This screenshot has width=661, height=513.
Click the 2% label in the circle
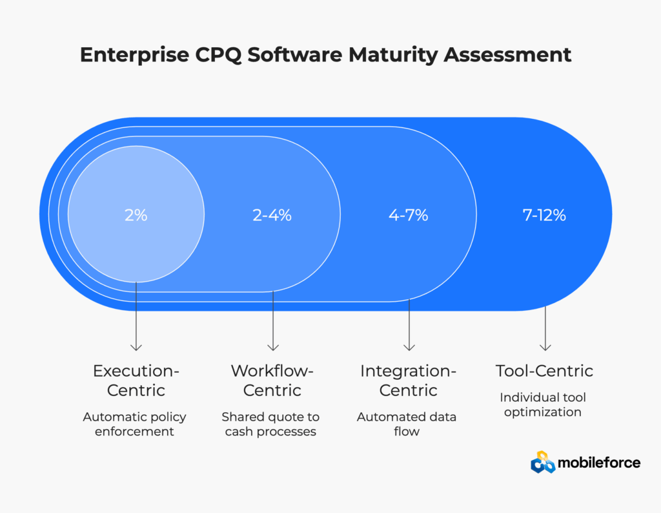pos(136,215)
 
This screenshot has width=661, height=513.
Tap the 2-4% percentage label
pos(272,215)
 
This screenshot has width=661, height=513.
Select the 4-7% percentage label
pos(408,215)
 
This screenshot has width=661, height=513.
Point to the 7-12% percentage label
pos(544,215)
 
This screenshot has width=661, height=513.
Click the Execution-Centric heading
pos(136,381)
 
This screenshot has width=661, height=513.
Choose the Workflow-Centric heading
pos(272,381)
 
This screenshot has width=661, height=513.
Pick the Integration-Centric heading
pos(408,381)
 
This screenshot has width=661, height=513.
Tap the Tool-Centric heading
pos(544,371)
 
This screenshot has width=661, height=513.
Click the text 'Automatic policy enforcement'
pos(134,424)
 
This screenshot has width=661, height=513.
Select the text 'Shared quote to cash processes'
pos(270,424)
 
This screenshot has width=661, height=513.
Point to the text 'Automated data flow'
pos(407,424)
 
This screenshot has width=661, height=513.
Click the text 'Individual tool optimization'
pos(543,404)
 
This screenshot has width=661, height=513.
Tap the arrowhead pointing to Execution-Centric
pos(136,347)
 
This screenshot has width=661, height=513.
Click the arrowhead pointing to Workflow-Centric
pos(272,347)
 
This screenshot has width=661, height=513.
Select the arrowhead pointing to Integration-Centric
pos(409,347)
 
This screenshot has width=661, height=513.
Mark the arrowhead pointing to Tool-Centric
pos(545,347)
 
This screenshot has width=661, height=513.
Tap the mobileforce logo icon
pos(542,462)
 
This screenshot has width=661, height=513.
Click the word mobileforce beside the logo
pos(600,463)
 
